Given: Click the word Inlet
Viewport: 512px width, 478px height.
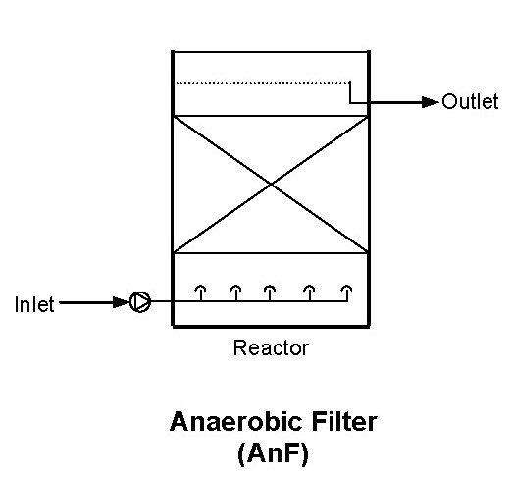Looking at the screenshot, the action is point(34,304).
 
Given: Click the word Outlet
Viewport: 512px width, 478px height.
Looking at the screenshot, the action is point(470,101).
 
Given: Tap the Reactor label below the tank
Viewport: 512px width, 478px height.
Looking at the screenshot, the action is point(271,347).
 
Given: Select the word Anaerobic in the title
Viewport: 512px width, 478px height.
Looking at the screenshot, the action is point(235,422).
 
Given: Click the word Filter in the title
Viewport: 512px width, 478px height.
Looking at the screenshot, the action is point(344,422).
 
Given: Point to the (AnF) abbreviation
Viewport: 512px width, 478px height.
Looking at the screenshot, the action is point(273,453).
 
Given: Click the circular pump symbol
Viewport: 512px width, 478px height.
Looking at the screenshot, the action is point(140,301).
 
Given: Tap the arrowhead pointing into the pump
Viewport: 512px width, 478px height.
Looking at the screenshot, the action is point(122,302).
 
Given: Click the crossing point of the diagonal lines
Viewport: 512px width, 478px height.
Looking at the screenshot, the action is point(272,185).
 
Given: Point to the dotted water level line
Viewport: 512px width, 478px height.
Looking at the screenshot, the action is point(263,83).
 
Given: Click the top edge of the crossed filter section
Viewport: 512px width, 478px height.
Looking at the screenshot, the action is point(271,116).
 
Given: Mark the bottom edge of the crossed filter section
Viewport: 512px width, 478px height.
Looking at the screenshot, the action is point(271,252).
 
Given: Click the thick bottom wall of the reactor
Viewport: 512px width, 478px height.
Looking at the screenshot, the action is point(271,326).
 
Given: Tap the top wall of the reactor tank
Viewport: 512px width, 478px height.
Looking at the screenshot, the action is point(271,52).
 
